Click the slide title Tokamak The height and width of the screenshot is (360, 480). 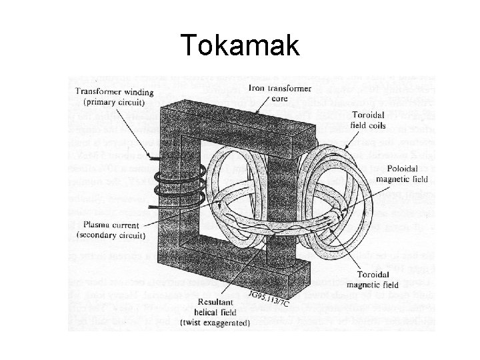point(241,45)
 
